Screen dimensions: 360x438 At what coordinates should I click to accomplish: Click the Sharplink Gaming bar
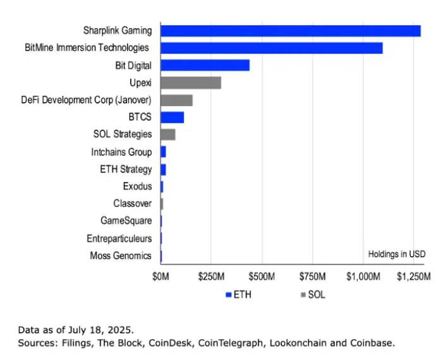(x=290, y=30)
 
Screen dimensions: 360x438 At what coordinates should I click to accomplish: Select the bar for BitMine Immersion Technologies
(x=271, y=48)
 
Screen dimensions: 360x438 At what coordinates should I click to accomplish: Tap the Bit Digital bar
(x=205, y=65)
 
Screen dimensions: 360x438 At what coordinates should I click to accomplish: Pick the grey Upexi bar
(x=190, y=83)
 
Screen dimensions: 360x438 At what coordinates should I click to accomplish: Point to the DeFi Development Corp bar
(x=176, y=100)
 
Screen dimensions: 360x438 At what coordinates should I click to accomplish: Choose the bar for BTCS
(x=172, y=117)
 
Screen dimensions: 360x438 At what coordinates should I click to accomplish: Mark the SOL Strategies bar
(x=167, y=134)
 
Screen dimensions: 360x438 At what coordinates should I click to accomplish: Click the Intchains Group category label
(x=121, y=152)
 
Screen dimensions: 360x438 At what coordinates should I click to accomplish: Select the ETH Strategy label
(x=126, y=169)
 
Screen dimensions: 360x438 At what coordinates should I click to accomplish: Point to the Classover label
(x=133, y=203)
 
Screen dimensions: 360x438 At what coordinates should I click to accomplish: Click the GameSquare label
(x=126, y=220)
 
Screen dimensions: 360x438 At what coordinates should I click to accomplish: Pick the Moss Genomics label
(x=120, y=255)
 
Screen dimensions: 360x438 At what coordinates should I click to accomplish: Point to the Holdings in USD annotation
(x=397, y=254)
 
